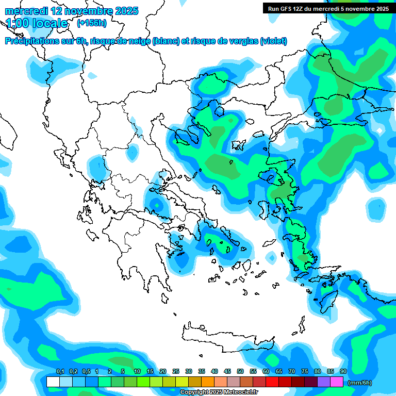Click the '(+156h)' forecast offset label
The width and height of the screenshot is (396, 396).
(91, 23)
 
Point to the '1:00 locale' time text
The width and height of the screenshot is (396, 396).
(37, 23)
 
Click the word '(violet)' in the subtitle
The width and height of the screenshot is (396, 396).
(273, 41)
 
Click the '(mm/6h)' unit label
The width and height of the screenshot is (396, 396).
(359, 383)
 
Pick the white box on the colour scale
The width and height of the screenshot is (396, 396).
(53, 382)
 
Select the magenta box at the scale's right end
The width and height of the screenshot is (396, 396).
(337, 382)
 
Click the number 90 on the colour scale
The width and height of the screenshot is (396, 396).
(343, 371)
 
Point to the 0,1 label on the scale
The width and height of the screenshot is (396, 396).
(60, 371)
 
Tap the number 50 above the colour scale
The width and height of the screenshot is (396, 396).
(240, 371)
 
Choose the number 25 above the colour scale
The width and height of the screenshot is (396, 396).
(176, 371)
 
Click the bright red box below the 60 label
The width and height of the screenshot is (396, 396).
(272, 382)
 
